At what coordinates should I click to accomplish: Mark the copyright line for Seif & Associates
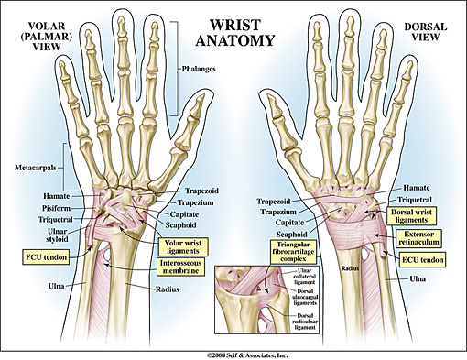coord(233,352)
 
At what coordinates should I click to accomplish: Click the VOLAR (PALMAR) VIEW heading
coord(35,33)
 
